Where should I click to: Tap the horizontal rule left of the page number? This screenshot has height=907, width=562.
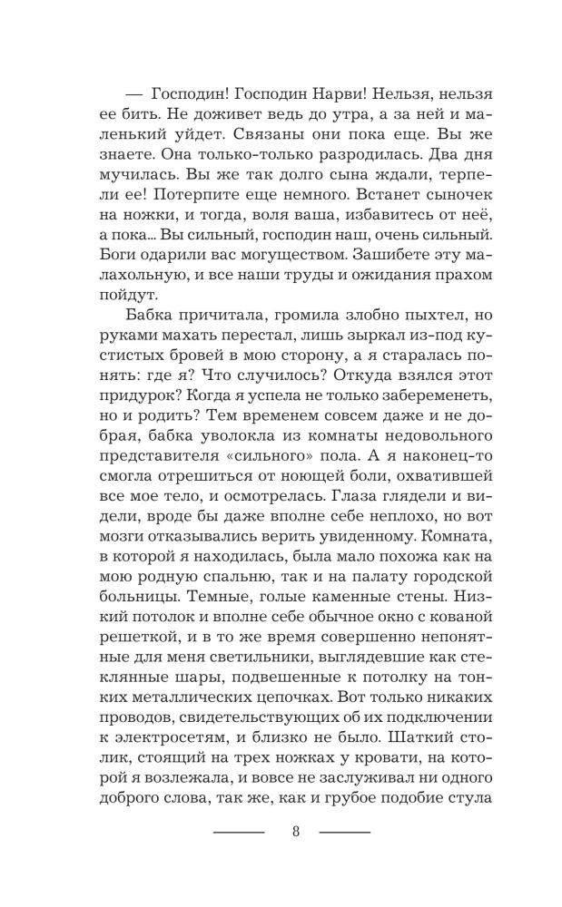[x=238, y=833]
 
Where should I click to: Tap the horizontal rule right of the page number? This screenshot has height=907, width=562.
[x=345, y=833]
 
